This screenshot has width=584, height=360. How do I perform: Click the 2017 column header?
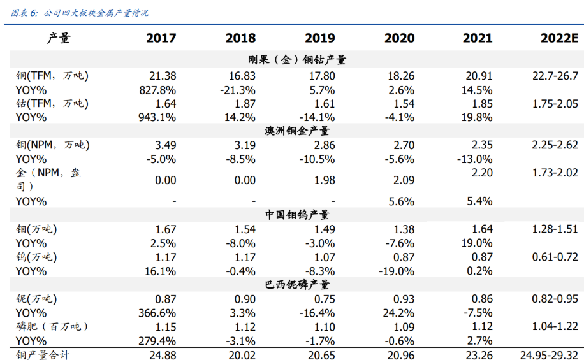(x=161, y=38)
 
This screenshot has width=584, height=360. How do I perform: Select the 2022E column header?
(x=558, y=38)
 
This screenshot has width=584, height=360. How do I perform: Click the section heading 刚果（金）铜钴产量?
(x=298, y=61)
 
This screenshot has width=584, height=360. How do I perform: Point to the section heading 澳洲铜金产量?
(x=298, y=131)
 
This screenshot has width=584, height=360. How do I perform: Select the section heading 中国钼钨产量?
(x=298, y=215)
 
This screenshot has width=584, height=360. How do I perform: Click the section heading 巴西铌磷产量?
(x=298, y=285)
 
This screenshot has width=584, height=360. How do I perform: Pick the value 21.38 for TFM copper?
(x=161, y=76)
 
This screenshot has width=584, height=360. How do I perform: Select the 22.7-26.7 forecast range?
(x=555, y=76)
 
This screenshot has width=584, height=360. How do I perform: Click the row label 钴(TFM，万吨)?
(x=52, y=103)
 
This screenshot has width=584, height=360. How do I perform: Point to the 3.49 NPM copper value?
(x=165, y=145)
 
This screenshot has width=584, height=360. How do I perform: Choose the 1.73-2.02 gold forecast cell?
(x=555, y=173)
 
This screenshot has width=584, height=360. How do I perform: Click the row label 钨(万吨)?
(x=36, y=257)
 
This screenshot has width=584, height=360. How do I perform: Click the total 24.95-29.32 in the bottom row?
(x=549, y=355)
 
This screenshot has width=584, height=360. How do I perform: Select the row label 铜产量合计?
(x=43, y=355)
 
